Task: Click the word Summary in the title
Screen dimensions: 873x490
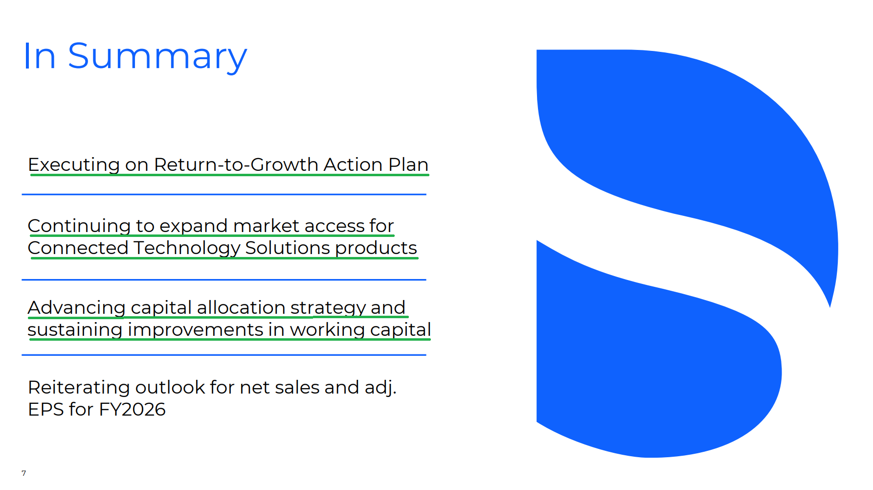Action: (157, 57)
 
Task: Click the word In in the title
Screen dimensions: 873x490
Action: (39, 56)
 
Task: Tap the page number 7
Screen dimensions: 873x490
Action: (24, 473)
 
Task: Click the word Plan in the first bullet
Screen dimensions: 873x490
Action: (408, 164)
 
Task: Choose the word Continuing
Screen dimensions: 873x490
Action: (79, 226)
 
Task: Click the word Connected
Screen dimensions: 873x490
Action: (78, 248)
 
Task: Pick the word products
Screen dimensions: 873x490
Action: (376, 248)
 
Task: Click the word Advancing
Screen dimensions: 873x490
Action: (77, 308)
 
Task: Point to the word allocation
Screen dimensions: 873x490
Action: (241, 307)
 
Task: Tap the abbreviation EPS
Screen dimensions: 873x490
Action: (46, 409)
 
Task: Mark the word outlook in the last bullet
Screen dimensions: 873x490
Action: (170, 387)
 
